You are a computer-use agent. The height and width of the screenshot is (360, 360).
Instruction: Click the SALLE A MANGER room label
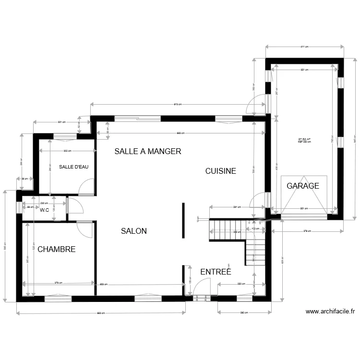(x=147, y=151)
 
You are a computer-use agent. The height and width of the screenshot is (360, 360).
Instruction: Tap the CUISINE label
(x=220, y=171)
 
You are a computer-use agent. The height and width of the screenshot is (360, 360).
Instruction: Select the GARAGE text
(x=302, y=186)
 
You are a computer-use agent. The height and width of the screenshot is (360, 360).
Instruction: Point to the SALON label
(x=134, y=231)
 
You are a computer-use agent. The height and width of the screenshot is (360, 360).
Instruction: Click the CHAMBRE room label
(x=56, y=249)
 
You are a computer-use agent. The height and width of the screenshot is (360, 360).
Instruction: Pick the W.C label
(x=45, y=210)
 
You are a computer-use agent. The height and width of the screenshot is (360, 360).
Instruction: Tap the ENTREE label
(x=216, y=272)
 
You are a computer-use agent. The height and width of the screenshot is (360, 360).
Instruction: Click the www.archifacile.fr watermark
(x=330, y=312)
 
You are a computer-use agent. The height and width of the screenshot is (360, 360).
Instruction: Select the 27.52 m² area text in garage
(x=304, y=139)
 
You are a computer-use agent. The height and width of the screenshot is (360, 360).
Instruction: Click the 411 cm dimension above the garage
(x=304, y=47)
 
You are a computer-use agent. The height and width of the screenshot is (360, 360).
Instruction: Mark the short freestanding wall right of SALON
(x=182, y=220)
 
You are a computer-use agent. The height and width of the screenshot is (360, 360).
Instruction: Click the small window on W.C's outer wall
(x=19, y=207)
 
